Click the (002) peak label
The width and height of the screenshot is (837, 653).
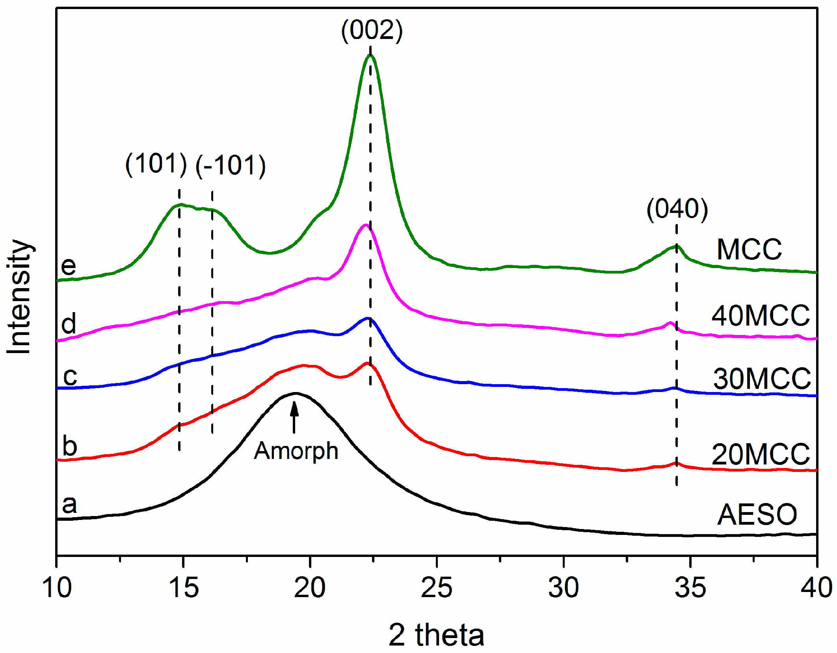[372, 31]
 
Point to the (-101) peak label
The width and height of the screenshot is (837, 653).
[231, 165]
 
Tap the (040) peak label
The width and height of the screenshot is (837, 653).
[677, 209]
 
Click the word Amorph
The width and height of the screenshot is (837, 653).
[296, 451]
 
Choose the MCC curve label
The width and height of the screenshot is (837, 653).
[749, 250]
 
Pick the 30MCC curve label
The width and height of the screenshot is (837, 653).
[762, 379]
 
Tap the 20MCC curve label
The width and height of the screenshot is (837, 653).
[760, 454]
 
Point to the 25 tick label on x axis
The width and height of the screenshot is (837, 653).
[437, 588]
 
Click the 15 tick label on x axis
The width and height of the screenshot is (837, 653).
[183, 588]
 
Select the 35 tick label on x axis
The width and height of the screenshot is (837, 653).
[690, 588]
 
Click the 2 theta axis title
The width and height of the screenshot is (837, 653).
[436, 635]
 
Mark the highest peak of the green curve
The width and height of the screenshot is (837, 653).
[370, 55]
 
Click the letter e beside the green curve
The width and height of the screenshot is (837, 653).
[68, 266]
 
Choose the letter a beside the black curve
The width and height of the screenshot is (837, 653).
[69, 505]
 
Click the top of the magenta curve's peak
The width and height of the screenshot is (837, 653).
[365, 225]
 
